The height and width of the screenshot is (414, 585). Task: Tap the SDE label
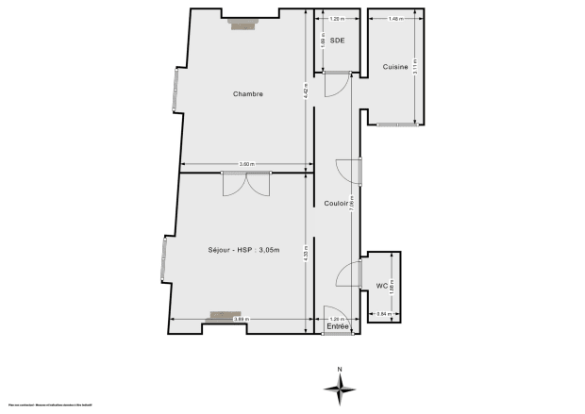(x=337, y=41)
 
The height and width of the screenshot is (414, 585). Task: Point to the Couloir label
(x=337, y=204)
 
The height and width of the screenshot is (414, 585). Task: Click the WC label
(x=382, y=285)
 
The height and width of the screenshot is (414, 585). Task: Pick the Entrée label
(x=337, y=326)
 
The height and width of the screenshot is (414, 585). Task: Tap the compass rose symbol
(x=341, y=386)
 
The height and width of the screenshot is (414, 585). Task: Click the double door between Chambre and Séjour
(x=246, y=183)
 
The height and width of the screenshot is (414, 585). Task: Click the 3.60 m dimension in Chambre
(x=246, y=165)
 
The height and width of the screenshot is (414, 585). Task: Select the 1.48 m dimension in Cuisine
(x=394, y=18)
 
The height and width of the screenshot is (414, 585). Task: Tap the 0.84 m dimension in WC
(x=384, y=313)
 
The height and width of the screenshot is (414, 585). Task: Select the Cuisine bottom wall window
(x=396, y=124)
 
